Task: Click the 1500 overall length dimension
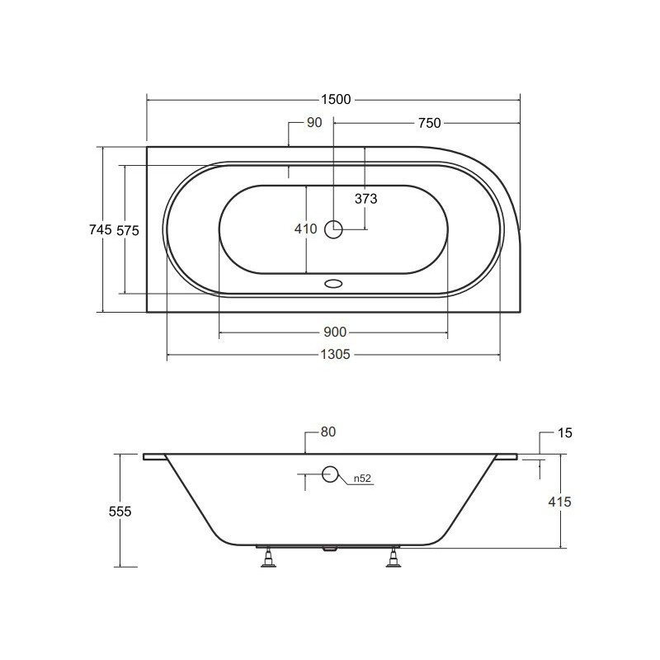[x=336, y=100]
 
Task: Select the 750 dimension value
[x=429, y=123]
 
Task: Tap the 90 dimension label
[x=314, y=122]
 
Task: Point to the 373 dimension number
[x=365, y=199]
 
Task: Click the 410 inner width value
[x=305, y=229]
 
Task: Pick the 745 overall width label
[x=101, y=229]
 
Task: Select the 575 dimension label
[x=128, y=230]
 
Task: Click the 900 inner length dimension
[x=335, y=332]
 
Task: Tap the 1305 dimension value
[x=335, y=355]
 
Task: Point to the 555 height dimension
[x=120, y=511]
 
